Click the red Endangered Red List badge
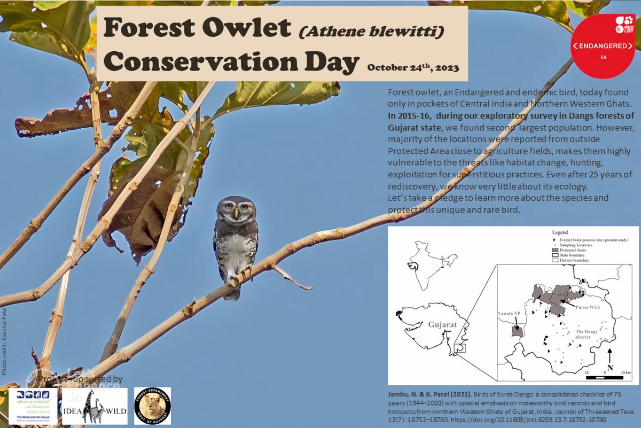[x=603, y=46]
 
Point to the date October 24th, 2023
[x=413, y=68]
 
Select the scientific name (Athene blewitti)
[x=371, y=33]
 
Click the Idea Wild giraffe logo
[x=95, y=406]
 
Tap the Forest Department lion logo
[x=152, y=406]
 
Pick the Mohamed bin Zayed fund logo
[x=33, y=406]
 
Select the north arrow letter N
[x=609, y=368]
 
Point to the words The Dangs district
[x=585, y=333]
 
